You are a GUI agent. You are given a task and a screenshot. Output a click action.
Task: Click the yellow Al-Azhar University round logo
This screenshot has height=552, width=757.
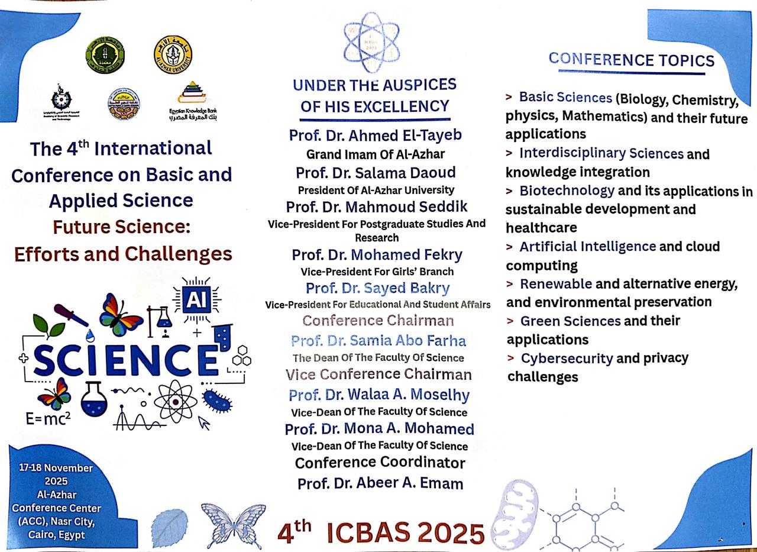tap(173, 55)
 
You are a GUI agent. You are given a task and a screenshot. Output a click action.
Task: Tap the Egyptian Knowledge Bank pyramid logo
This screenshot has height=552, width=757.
tap(192, 92)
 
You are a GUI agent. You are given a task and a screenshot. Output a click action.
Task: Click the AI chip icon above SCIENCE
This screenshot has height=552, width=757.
tap(197, 300)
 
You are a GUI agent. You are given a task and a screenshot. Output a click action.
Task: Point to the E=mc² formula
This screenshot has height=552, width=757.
tap(48, 419)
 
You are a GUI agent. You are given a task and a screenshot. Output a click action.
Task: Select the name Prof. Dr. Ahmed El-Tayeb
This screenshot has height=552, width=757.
tap(375, 135)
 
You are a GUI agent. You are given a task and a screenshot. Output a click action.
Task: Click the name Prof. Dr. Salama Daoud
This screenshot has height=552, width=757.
tap(376, 173)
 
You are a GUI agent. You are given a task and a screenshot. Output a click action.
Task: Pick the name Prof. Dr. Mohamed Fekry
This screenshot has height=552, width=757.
tap(377, 255)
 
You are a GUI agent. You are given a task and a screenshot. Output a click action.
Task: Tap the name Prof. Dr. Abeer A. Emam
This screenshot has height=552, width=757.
tap(380, 483)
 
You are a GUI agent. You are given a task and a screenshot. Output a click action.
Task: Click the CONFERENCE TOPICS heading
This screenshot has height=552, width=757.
tap(631, 60)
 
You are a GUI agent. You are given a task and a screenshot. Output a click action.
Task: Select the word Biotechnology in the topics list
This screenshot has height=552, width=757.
tap(567, 191)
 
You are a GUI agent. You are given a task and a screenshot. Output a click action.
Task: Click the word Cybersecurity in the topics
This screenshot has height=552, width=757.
tap(567, 359)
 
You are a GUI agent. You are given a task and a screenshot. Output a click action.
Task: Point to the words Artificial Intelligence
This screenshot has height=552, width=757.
tap(588, 247)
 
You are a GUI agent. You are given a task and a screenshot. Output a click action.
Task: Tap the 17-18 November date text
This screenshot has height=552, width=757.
tap(56, 468)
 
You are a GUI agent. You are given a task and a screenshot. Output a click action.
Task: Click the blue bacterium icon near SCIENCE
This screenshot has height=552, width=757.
tap(217, 401)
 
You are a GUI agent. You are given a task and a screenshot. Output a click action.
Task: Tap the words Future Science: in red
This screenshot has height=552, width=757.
tap(122, 227)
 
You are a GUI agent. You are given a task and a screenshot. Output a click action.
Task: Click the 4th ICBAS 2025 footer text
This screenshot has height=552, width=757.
tap(381, 533)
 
